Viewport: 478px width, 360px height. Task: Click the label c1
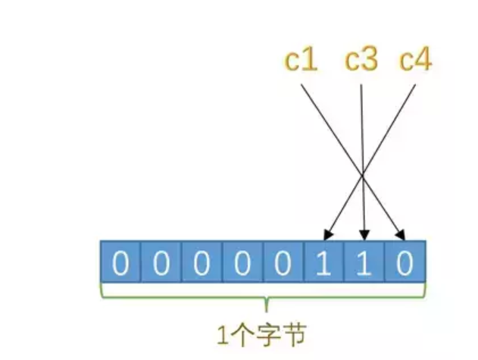pyautogui.click(x=301, y=61)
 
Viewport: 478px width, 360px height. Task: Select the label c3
pyautogui.click(x=361, y=61)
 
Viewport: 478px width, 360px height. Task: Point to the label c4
pyautogui.click(x=415, y=61)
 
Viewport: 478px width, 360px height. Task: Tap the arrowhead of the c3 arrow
pyautogui.click(x=365, y=236)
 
